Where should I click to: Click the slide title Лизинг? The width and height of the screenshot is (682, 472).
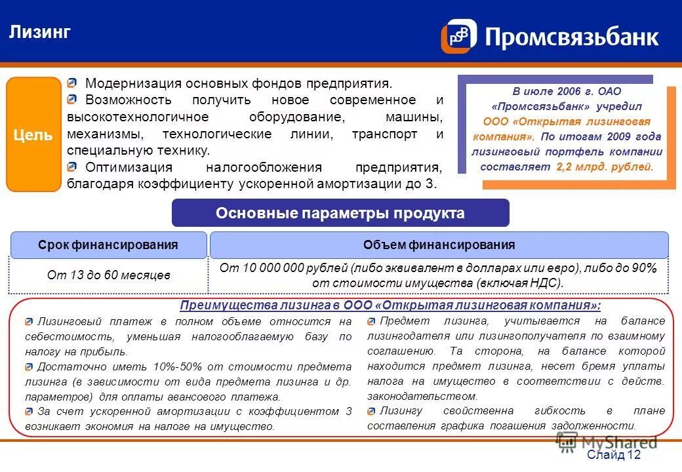coord(39,31)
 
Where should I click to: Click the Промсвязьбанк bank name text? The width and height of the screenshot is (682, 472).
coord(571,37)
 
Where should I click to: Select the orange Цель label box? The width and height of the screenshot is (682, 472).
coord(33,135)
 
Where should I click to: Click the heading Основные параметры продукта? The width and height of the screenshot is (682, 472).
coord(340,213)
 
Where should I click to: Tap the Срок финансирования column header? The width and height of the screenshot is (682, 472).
coord(108,245)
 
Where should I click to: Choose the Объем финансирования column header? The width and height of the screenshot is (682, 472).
coord(439,245)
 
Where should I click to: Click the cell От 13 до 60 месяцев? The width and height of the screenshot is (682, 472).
coord(108,275)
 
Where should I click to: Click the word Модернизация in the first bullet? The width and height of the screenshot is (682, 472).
coord(133,84)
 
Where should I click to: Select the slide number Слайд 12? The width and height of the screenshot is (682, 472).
coord(613,455)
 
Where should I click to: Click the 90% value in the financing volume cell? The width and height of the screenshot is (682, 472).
coord(644,268)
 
